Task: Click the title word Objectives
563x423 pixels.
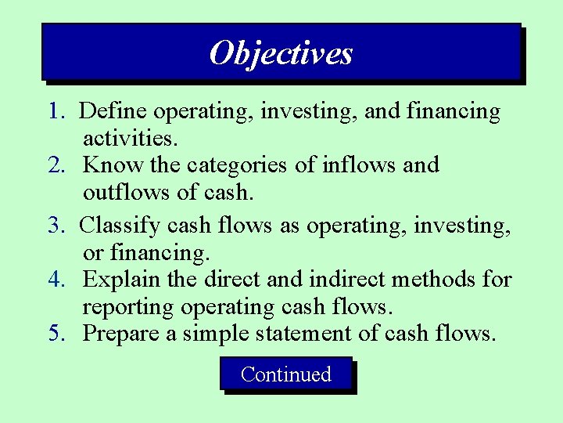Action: click(281, 53)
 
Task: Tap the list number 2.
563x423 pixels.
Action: click(56, 165)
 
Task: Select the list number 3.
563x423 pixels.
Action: click(56, 226)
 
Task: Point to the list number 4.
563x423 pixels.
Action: click(56, 279)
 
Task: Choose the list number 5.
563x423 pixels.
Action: click(56, 334)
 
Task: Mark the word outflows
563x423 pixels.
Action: click(121, 193)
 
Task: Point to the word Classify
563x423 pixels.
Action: click(120, 226)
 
